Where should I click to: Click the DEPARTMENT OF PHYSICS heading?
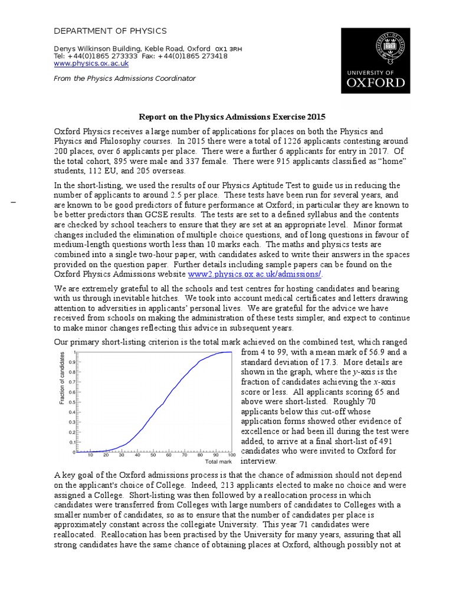[110, 31]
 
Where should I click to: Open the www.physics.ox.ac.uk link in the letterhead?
[91, 63]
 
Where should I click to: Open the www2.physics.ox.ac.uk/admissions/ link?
[255, 274]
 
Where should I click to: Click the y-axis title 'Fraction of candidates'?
[62, 377]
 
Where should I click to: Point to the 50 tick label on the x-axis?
[153, 455]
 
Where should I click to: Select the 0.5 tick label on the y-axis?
[71, 402]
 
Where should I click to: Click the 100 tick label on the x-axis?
[231, 455]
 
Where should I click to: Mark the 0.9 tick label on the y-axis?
[71, 362]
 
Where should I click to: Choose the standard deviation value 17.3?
[324, 362]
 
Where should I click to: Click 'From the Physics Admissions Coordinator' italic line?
[124, 78]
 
